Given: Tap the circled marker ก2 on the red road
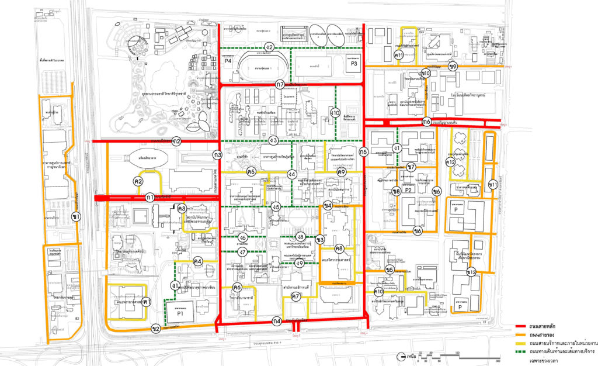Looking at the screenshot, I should click(176, 141).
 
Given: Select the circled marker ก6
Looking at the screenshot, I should click(427, 122).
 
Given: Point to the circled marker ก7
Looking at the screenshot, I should click(280, 84).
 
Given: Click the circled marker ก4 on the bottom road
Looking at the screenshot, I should click(277, 321).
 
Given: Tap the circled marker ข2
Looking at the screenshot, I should click(156, 329).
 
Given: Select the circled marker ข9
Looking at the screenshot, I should click(453, 67).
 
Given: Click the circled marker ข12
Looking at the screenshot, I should click(471, 272).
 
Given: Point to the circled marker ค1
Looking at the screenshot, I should click(148, 302).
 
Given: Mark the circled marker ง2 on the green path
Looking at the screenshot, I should click(269, 47).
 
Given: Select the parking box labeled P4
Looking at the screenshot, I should click(228, 61).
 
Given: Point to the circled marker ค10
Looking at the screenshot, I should click(378, 291).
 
